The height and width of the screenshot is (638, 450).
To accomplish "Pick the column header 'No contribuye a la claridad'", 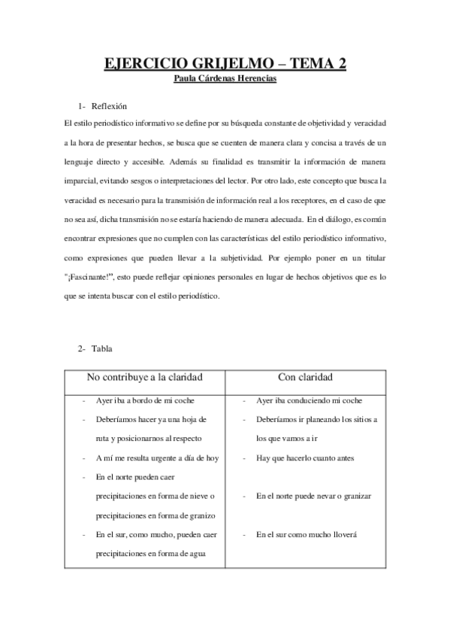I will point(145,376).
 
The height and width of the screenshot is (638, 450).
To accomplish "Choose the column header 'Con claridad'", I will point(305,376).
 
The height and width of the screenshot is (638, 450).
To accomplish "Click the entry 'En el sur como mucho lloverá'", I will point(306,535).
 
